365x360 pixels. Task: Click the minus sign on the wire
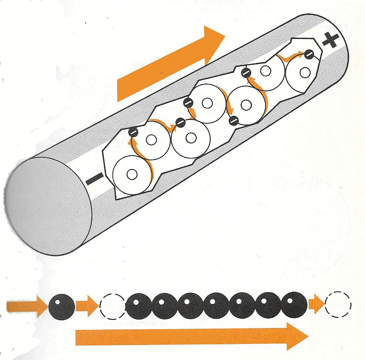click(x=93, y=178)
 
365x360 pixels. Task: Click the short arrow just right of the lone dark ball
click(x=87, y=306)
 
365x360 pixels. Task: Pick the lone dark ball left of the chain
click(x=62, y=306)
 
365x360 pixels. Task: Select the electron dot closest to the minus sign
click(x=133, y=131)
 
